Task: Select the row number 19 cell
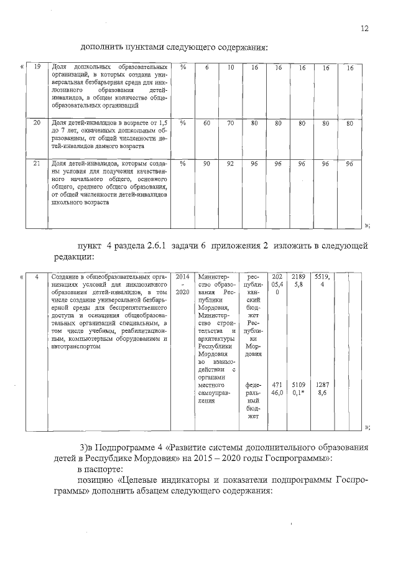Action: pos(37,67)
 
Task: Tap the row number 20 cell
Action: pos(37,123)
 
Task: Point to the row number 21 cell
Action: pos(37,163)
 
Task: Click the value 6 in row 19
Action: pos(206,67)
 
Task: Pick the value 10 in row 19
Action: pos(230,67)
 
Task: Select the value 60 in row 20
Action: pos(206,123)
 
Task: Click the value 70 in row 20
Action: pos(230,123)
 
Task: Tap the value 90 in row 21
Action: pos(206,163)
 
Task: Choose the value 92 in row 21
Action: pos(230,163)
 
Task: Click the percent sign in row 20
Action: pos(183,123)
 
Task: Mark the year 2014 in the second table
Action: pos(183,276)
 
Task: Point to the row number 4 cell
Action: pos(37,276)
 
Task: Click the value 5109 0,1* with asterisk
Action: pos(299,389)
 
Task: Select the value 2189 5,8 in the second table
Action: pos(299,280)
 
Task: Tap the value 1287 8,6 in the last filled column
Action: pos(323,389)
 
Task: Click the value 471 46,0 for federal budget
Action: pos(277,389)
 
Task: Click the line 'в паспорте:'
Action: pos(100,468)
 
